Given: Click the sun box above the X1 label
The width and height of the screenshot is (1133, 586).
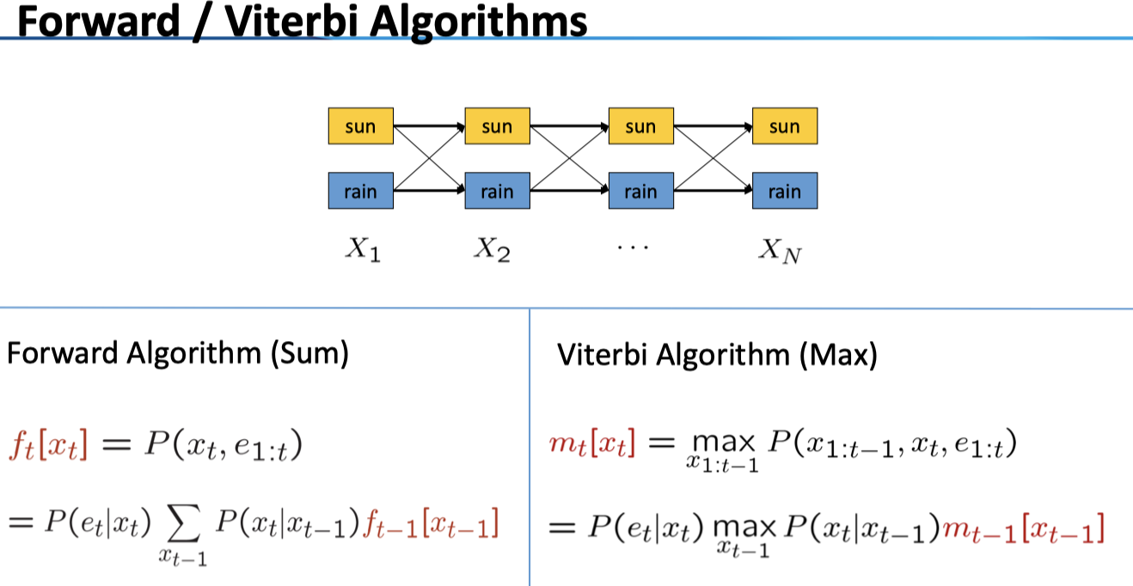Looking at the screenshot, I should pos(360,127).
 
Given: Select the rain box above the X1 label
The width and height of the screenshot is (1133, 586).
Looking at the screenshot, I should pos(360,191).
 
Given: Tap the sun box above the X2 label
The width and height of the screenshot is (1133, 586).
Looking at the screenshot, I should pos(497,127).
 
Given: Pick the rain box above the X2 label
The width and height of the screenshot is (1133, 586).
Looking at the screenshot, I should pos(497,191).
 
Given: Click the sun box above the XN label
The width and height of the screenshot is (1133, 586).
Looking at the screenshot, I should pos(784,127).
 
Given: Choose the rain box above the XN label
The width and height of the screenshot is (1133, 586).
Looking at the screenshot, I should pos(784,191).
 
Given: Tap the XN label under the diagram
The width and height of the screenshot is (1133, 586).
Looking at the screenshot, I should pos(780,251).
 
